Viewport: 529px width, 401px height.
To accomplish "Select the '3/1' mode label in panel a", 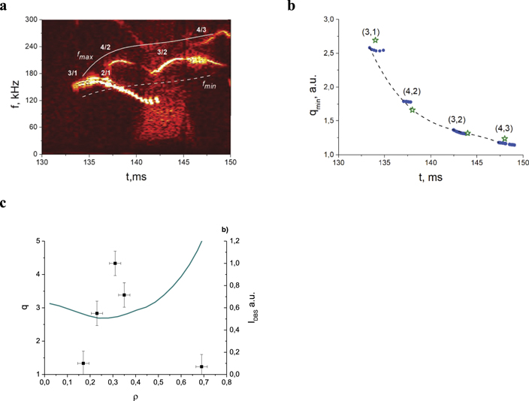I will tap(73, 73).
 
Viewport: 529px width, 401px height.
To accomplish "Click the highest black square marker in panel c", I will tap(115, 264).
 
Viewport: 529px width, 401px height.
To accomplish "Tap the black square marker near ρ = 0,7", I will tap(201, 366).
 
